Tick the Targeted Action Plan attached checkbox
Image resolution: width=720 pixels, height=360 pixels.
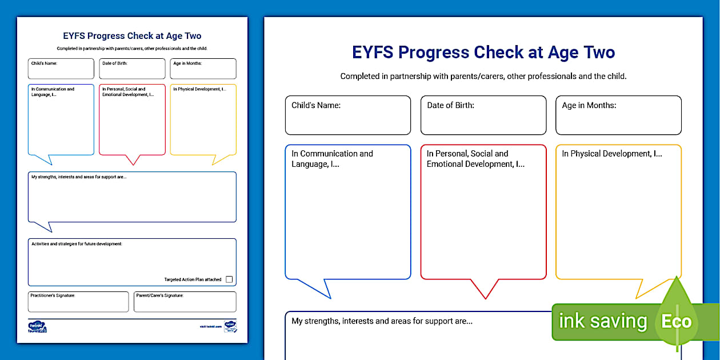tap(229, 279)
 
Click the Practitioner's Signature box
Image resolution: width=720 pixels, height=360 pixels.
tap(78, 302)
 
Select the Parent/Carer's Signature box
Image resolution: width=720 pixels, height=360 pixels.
tap(185, 302)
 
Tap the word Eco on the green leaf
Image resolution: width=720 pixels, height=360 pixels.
tap(676, 321)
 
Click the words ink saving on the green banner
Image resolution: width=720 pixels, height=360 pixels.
tap(602, 321)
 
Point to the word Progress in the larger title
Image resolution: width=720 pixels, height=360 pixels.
tap(434, 53)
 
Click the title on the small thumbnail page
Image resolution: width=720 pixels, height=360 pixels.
tap(132, 36)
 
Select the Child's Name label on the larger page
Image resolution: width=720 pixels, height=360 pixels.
tap(316, 105)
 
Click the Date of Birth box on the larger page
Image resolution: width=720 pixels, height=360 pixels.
tap(483, 115)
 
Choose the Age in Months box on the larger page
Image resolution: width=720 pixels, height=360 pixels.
tap(618, 115)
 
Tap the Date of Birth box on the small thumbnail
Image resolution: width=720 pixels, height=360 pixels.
tap(132, 69)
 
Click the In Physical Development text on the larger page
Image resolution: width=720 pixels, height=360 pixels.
tap(611, 154)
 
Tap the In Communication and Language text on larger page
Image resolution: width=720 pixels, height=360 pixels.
tap(332, 159)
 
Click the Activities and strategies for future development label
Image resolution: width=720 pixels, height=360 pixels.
tap(77, 244)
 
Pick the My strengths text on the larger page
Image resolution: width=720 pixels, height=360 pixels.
tap(382, 321)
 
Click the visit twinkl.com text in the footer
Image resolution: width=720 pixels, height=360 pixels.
tap(210, 326)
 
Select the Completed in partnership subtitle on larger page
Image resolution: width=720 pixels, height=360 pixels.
tap(483, 76)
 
